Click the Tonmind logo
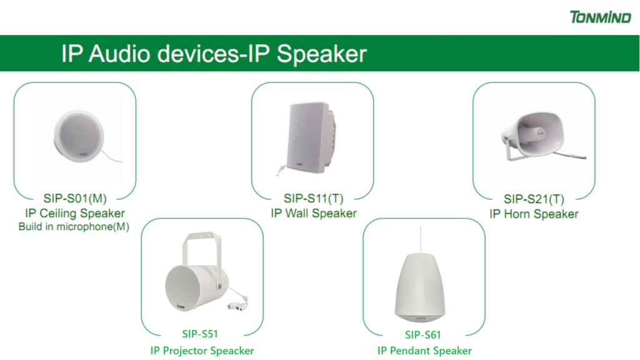point(599,16)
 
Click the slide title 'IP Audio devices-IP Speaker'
point(214,53)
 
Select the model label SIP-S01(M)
point(75,199)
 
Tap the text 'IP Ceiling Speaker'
point(75,214)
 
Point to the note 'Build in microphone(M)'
point(74,227)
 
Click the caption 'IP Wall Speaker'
point(314,214)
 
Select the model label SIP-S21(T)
point(534,199)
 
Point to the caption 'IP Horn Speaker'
point(534,214)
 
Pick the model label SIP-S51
point(200,334)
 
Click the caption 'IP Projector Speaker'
point(202,351)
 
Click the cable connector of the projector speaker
point(238,306)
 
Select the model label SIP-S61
point(424,335)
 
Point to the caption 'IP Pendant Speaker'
point(424,351)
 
